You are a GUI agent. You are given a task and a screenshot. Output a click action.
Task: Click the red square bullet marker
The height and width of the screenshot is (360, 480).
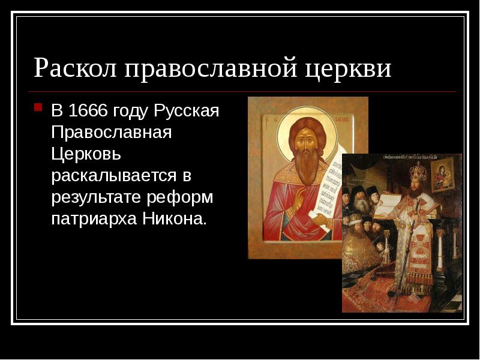click(x=38, y=108)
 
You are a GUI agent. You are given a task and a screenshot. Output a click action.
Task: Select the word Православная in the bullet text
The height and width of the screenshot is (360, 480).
click(x=112, y=133)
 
